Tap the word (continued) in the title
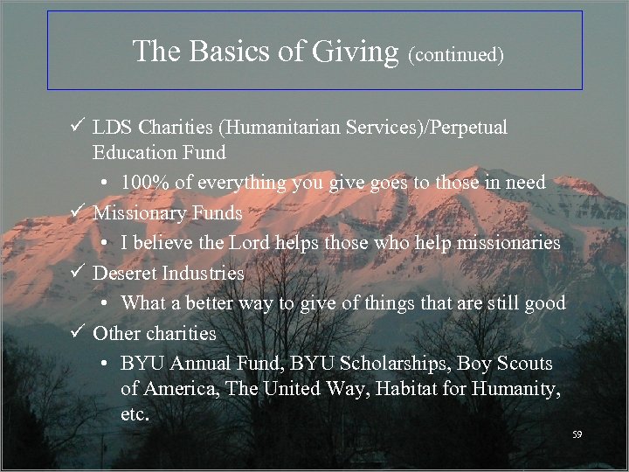click(456, 54)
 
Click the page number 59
click(577, 434)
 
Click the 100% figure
click(142, 183)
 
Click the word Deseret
click(125, 273)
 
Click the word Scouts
click(524, 362)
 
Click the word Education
click(135, 153)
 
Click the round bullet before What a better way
click(103, 304)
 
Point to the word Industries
click(202, 273)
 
